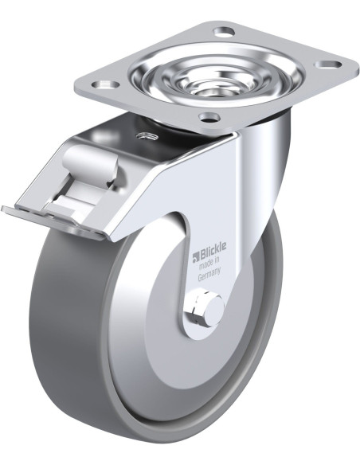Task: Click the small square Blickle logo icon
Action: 196,258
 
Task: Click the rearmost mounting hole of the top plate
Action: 224,31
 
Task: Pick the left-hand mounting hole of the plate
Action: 105,85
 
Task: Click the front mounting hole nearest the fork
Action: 209,117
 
